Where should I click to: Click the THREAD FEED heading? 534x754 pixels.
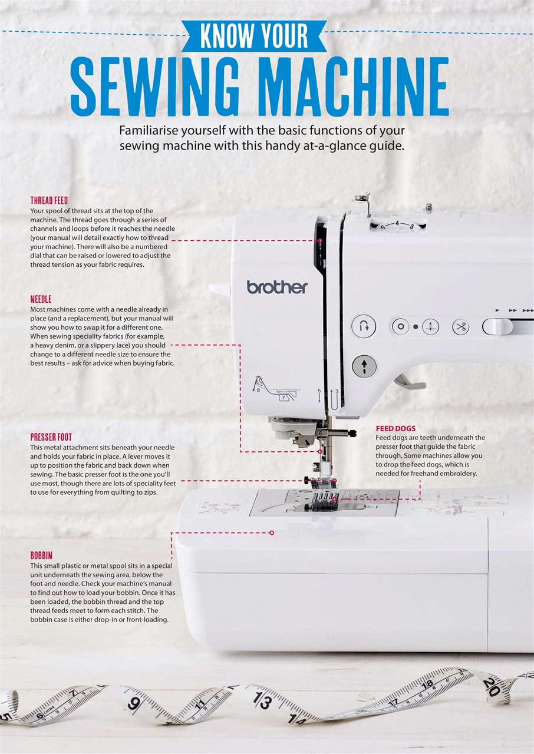[49, 201]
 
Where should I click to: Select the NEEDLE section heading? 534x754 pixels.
[41, 299]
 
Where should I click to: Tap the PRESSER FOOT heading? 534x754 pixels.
[51, 437]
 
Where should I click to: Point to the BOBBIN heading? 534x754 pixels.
[41, 555]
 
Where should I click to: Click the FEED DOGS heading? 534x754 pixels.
[395, 428]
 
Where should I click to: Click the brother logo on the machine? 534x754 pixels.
[277, 287]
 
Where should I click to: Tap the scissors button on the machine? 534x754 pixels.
[461, 326]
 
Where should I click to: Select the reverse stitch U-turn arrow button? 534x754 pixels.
[364, 326]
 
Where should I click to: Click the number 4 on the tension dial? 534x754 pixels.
[397, 223]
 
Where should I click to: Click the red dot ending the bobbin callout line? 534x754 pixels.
[272, 533]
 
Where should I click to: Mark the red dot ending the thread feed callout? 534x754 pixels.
[319, 240]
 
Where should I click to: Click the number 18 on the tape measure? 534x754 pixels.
[428, 684]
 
